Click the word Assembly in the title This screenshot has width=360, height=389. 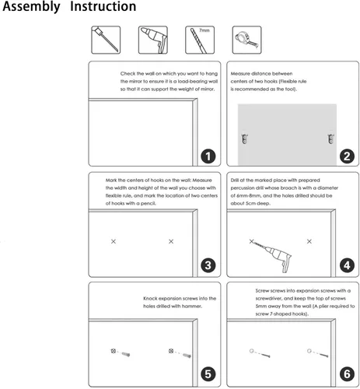pyautogui.click(x=31, y=7)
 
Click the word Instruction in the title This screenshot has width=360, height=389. pyautogui.click(x=103, y=6)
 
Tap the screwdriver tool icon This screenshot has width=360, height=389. pyautogui.click(x=106, y=40)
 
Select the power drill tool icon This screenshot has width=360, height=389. pyautogui.click(x=153, y=40)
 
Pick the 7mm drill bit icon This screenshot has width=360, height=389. pyautogui.click(x=200, y=40)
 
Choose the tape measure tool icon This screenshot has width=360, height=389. pyautogui.click(x=246, y=40)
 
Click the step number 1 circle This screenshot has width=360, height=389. pyautogui.click(x=208, y=156)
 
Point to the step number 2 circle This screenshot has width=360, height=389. pyautogui.click(x=347, y=156)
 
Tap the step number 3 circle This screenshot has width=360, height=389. pyautogui.click(x=208, y=265)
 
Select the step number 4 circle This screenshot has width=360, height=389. pyautogui.click(x=347, y=265)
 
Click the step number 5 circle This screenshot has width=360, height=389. pyautogui.click(x=208, y=374)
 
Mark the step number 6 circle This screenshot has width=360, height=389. pyautogui.click(x=347, y=374)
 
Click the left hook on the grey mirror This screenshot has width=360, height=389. pyautogui.click(x=245, y=138)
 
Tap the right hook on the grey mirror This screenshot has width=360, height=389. pyautogui.click(x=330, y=138)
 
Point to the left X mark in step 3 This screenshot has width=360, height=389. pyautogui.click(x=114, y=241)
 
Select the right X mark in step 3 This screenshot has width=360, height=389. pyautogui.click(x=171, y=241)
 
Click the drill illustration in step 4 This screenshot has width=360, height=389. pyautogui.click(x=273, y=255)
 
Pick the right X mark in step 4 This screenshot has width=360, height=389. pyautogui.click(x=309, y=241)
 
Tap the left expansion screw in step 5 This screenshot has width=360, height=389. pyautogui.click(x=126, y=354)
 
